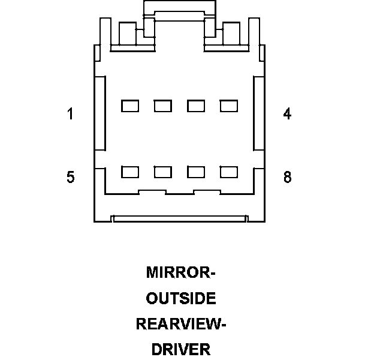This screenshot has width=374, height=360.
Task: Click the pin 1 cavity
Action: point(130,106)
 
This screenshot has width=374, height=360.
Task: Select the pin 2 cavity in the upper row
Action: point(163,106)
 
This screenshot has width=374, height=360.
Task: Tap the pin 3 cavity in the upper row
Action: point(196,106)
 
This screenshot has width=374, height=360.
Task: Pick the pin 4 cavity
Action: point(229,106)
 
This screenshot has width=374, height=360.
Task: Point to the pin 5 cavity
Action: point(130,172)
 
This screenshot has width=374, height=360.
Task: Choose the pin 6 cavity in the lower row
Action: point(163,172)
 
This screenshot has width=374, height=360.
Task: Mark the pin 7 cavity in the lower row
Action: point(196,172)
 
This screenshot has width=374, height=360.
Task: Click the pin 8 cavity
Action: point(229,172)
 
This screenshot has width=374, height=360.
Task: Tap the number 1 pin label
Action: point(71,114)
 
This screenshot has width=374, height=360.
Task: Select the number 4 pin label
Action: point(288,114)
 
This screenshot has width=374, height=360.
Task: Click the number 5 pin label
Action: point(71,178)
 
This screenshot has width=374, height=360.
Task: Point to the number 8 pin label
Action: point(288,178)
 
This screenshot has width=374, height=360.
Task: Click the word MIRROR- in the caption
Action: point(180,273)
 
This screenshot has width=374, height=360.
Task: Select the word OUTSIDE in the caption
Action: point(180,298)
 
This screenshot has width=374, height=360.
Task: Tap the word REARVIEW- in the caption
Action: point(180,324)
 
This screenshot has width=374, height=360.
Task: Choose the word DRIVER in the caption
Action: point(180,349)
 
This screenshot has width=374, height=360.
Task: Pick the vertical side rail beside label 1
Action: point(100,113)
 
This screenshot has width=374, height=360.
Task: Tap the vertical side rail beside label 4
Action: point(258,113)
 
